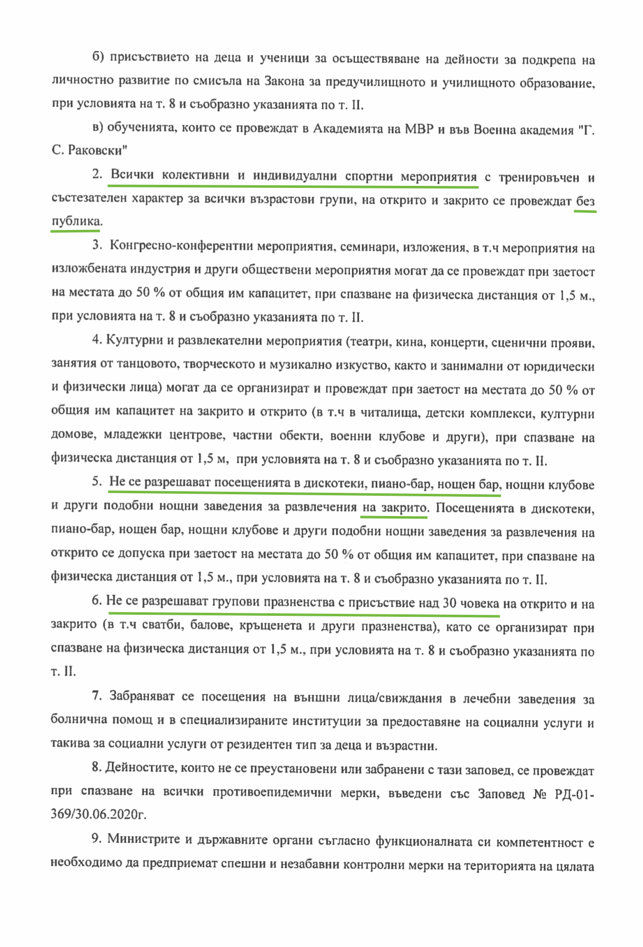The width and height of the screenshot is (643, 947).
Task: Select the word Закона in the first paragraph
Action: pos(287,82)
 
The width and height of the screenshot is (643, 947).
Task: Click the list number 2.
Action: pos(97,175)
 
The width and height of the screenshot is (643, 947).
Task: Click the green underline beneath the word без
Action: pos(585,211)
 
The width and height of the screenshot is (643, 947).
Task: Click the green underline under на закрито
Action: pos(394,517)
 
